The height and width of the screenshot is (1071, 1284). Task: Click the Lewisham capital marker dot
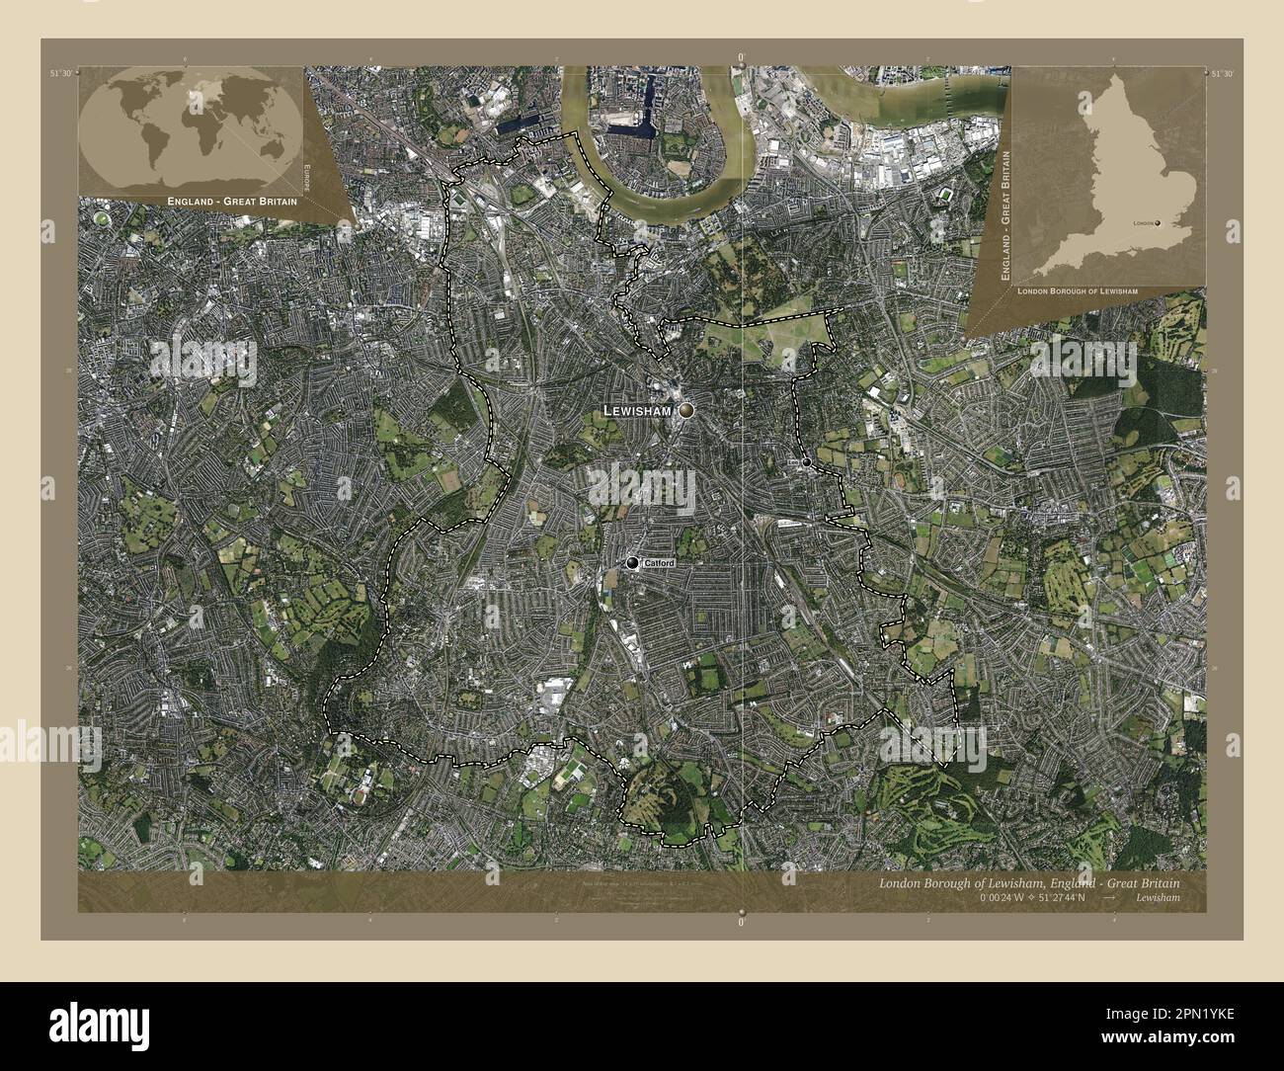click(685, 410)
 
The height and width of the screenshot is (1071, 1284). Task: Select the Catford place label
click(659, 563)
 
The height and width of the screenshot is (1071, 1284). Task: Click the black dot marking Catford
click(632, 563)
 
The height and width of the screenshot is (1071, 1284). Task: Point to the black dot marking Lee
click(807, 462)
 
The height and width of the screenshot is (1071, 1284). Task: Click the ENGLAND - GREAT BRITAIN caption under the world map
click(218, 201)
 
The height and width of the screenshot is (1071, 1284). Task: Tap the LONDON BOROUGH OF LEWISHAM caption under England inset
click(1077, 292)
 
